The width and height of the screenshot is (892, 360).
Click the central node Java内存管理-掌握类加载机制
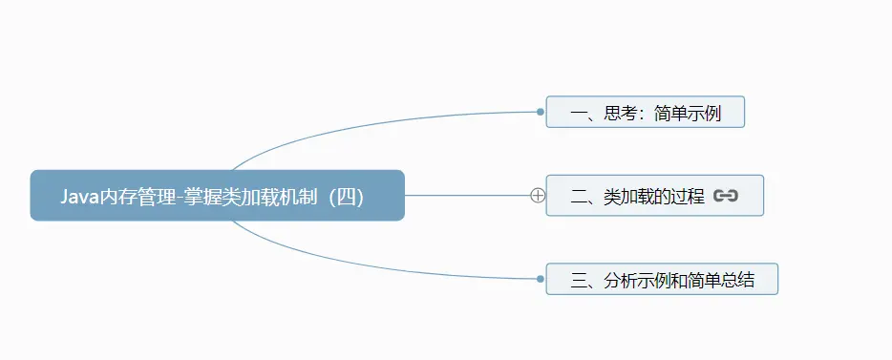[x=217, y=195]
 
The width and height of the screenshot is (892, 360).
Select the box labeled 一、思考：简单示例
[x=645, y=113]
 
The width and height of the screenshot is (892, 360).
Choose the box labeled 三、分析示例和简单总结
[x=662, y=280]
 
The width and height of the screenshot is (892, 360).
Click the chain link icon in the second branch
[x=726, y=196]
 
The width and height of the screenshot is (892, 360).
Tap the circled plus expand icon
[x=538, y=196]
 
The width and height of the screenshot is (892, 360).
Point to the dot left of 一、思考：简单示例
[x=541, y=112]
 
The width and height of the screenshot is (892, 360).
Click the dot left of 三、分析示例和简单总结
[x=541, y=279]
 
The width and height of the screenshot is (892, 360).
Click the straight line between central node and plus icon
[x=468, y=195]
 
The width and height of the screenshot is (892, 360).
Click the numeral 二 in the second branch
[x=579, y=197]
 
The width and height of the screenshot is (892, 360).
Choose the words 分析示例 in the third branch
[x=638, y=281]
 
